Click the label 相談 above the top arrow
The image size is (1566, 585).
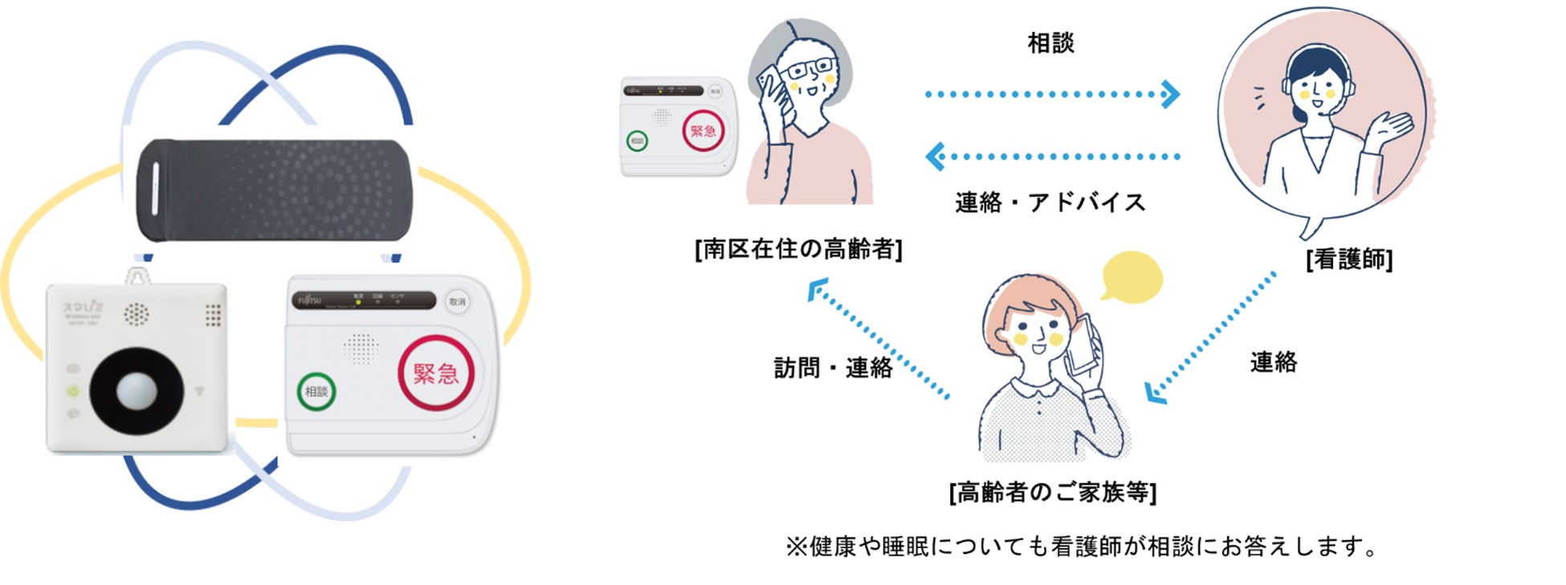pyautogui.click(x=1050, y=43)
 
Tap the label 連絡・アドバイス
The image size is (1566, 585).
pyautogui.click(x=1050, y=202)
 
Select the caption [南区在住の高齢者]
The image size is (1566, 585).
pyautogui.click(x=798, y=249)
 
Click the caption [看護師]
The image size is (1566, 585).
pyautogui.click(x=1349, y=259)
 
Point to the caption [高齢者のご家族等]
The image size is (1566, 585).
pyautogui.click(x=1052, y=491)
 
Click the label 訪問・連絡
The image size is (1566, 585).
pyautogui.click(x=833, y=368)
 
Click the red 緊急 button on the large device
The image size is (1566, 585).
pyautogui.click(x=436, y=373)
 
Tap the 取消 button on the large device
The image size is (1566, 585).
pyautogui.click(x=457, y=303)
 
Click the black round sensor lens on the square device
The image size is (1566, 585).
pyautogui.click(x=136, y=391)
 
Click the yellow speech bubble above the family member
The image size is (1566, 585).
pyautogui.click(x=1132, y=277)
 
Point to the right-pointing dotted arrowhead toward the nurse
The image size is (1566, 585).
pyautogui.click(x=1171, y=94)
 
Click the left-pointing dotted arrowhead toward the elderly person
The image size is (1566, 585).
pyautogui.click(x=935, y=156)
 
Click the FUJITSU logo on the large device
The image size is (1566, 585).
pyautogui.click(x=309, y=301)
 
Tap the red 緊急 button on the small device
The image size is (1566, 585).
pyautogui.click(x=703, y=131)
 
